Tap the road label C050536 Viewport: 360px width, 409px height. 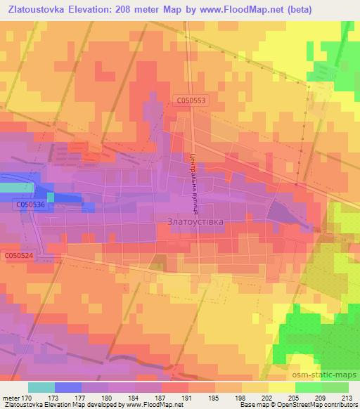point(30,205)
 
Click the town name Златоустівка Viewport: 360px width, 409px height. point(197,221)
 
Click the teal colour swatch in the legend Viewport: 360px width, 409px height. point(41,387)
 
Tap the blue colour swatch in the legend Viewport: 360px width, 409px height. point(68,387)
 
